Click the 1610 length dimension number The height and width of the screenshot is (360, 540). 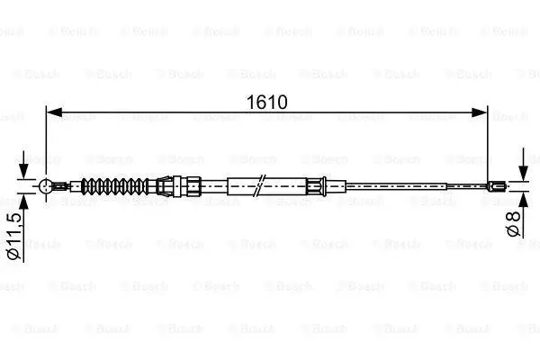pos(267,102)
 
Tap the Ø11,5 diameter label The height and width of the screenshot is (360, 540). pos(14,236)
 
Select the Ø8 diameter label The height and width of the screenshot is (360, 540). pos(513,224)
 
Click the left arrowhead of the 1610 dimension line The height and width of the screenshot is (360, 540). pos(54,112)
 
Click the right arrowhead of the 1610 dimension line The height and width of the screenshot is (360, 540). pos(480,112)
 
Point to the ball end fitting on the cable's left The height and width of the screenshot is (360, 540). pos(46,186)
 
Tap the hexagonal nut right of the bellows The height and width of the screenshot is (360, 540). pos(193,186)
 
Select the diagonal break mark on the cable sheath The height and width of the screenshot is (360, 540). pos(259,185)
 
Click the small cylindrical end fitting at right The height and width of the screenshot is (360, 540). pos(497,186)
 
